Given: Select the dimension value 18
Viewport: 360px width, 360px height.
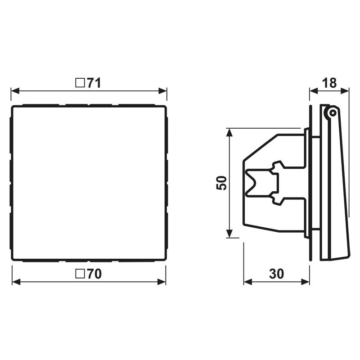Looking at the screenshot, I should [x=329, y=83].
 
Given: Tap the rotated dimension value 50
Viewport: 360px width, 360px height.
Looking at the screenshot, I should [x=221, y=183].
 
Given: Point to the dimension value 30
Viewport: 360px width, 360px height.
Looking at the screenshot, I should [x=276, y=274].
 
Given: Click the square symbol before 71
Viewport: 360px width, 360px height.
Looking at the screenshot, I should [x=80, y=83].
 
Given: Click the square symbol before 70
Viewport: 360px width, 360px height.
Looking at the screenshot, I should [x=80, y=274].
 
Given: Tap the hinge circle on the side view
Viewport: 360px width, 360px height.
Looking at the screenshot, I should [x=332, y=112].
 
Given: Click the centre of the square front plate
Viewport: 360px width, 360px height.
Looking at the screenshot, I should [x=89, y=183].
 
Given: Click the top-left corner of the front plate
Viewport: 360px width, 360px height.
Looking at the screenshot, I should [x=13, y=107].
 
